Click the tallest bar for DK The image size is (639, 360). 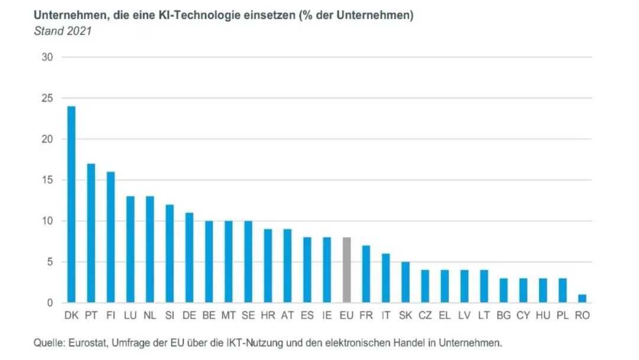click(72, 204)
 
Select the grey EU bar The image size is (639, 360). click(346, 270)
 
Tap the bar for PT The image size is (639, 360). click(91, 233)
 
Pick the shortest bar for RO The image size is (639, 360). click(582, 298)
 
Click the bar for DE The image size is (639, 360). click(189, 258)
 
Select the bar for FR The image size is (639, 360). click(366, 274)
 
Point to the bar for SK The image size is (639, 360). click(405, 282)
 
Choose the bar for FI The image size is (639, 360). click(111, 237)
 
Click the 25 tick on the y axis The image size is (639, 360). click(47, 98)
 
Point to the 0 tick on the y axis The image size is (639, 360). click(50, 303)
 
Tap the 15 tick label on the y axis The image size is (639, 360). click(47, 180)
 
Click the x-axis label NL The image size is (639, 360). click(150, 315)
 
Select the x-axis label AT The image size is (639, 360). click(288, 315)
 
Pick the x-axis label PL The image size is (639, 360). click(563, 315)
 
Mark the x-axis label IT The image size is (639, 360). click(386, 315)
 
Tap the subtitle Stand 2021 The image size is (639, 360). click(63, 31)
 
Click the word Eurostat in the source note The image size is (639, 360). click(86, 343)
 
